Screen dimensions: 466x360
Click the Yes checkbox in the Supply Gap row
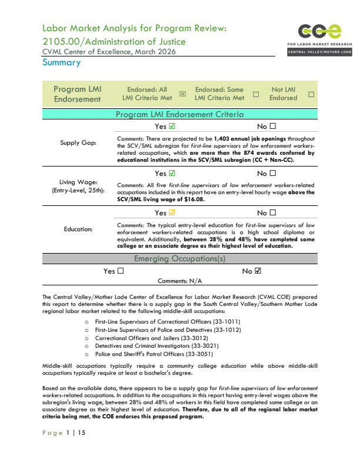click(172, 126)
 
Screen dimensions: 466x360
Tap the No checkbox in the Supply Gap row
click(273, 126)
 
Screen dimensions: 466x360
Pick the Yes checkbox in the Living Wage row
click(172, 174)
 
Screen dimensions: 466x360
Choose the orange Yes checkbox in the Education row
click(172, 213)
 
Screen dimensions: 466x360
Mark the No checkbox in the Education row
click(273, 213)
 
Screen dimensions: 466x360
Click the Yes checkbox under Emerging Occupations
click(121, 271)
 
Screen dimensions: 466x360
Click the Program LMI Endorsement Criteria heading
click(179, 114)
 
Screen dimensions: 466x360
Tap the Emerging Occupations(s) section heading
click(179, 259)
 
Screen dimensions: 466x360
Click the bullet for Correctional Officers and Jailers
click(87, 338)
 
